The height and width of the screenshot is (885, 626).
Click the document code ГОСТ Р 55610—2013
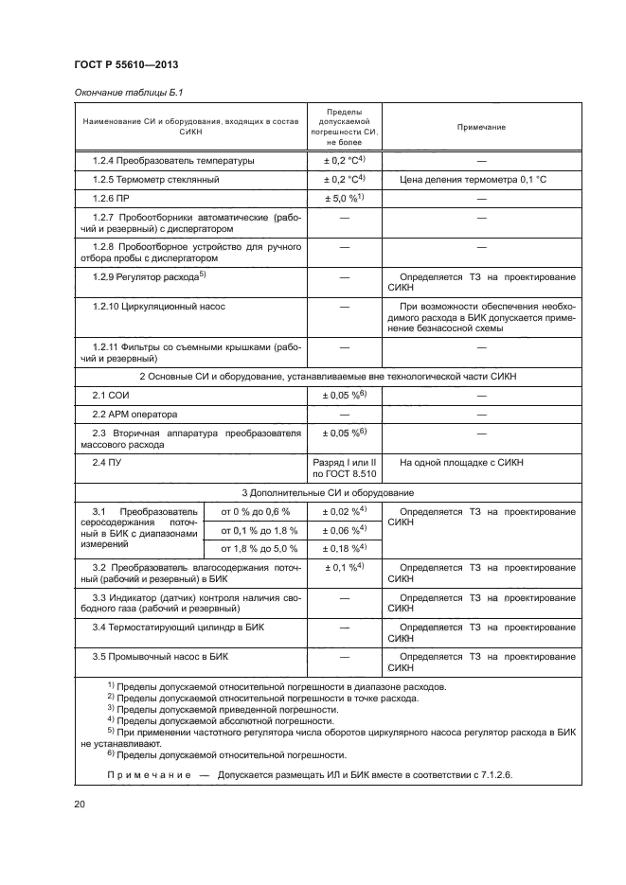pos(126,63)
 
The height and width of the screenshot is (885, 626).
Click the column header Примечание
pos(481,127)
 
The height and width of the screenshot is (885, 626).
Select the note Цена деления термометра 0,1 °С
pos(473,179)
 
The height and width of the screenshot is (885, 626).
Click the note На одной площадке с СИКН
pos(461,463)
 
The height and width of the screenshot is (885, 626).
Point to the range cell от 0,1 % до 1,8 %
pos(259,530)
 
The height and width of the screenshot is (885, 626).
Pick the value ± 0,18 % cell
pos(344,548)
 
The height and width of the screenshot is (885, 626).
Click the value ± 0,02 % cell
pos(344,512)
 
